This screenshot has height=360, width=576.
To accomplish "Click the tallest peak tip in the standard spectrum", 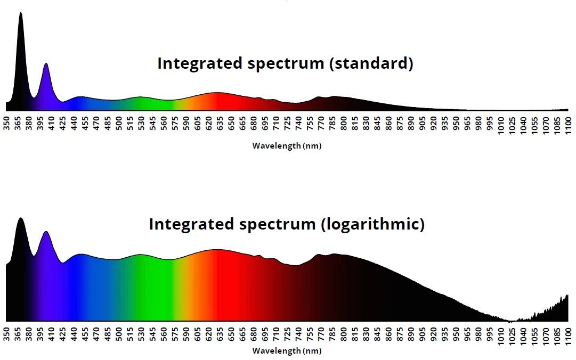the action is point(21,13).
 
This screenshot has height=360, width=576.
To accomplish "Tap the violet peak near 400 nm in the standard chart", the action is point(46,64).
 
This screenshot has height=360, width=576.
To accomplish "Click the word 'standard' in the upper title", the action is point(371,63).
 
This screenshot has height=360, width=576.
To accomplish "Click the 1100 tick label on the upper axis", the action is point(569,126).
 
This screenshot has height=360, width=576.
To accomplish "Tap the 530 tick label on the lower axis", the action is point(141,334).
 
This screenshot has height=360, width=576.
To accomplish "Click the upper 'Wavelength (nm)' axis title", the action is point(287,146).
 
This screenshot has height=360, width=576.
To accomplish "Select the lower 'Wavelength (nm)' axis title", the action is point(287,351).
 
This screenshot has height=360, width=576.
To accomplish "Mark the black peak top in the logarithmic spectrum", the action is point(21,218).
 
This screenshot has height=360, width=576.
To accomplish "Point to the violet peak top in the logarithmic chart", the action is point(46,232).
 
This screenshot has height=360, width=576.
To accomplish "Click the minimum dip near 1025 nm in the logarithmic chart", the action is point(510,321).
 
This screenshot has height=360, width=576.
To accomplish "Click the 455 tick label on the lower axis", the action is point(85,334).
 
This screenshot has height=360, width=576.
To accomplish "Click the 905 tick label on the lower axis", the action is point(423,334).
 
